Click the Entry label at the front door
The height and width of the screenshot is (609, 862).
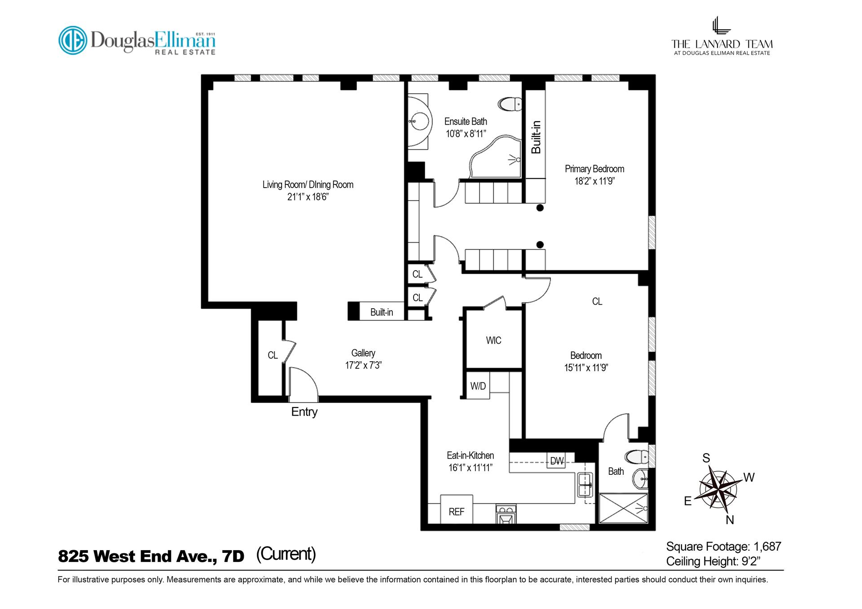[x=304, y=412]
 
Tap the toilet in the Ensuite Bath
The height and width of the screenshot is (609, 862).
[x=510, y=105]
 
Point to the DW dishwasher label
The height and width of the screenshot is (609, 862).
[x=557, y=461]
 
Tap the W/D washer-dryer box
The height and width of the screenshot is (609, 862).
[x=478, y=386]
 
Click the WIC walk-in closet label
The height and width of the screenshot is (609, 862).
[x=493, y=340]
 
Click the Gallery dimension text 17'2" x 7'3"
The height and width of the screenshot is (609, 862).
[x=363, y=365]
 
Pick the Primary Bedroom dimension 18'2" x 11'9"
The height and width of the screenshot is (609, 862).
[x=594, y=181]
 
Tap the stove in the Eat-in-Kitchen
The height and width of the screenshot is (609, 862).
[x=506, y=515]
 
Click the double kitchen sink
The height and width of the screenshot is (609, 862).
[x=585, y=485]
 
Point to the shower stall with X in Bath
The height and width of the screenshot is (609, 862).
[x=624, y=508]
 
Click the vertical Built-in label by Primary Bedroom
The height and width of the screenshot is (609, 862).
[x=536, y=137]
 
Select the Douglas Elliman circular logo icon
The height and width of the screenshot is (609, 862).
[x=73, y=40]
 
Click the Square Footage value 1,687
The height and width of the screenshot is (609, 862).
[x=767, y=546]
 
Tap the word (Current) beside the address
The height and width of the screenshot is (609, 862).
[x=286, y=554]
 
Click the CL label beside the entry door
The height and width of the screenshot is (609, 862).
[x=273, y=355]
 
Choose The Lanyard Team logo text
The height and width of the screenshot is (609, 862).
[x=721, y=44]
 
